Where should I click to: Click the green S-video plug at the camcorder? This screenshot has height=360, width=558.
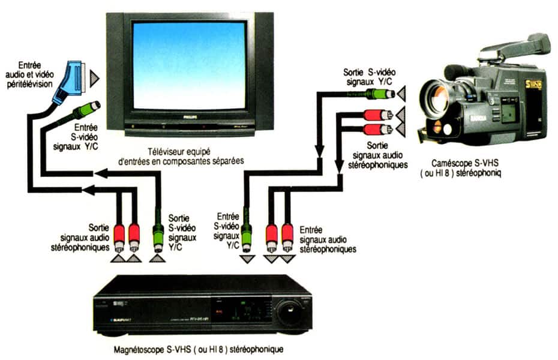pos(379,94)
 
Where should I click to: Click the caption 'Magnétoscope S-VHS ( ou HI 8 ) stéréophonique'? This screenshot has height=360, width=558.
pos(198,349)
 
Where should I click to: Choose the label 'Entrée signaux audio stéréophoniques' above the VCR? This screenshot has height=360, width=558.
pos(328,239)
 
